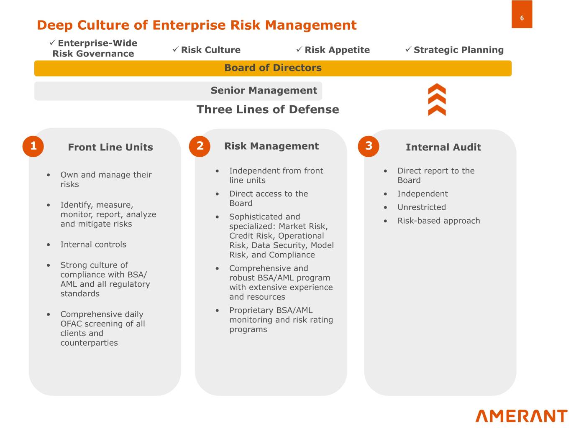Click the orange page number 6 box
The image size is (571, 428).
[x=522, y=14]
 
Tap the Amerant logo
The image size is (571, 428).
[x=521, y=416]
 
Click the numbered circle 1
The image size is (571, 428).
[x=33, y=146]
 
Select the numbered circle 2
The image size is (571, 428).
[x=200, y=146]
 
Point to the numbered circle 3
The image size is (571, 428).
[x=369, y=146]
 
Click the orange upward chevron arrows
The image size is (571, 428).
[x=437, y=99]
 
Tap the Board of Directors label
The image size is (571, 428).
[x=273, y=68]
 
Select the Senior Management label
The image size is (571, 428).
[x=264, y=90]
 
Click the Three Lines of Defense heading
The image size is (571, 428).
[x=268, y=110]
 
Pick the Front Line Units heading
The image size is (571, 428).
[x=110, y=147]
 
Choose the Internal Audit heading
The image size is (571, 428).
[x=443, y=147]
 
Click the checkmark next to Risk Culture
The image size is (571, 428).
[x=176, y=49]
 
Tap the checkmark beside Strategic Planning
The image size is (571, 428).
[x=408, y=49]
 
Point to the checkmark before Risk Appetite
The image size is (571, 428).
[x=299, y=49]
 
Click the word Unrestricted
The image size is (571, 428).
[x=421, y=207]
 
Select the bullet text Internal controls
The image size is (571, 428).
[x=93, y=245]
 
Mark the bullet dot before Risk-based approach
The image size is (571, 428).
[x=385, y=221]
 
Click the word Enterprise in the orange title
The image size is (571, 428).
[x=189, y=25]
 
